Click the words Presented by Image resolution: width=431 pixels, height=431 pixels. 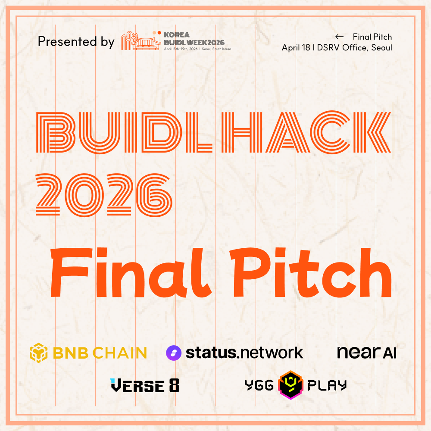point(76,42)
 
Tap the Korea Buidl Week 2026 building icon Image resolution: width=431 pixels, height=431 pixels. point(137,41)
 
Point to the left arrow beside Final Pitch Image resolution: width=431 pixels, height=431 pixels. point(339,37)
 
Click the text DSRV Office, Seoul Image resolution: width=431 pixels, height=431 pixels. point(355,47)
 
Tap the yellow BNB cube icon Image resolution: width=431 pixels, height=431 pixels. point(38,353)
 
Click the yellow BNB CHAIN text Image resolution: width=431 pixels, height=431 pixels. point(100,353)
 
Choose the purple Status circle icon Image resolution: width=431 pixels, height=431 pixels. point(174,353)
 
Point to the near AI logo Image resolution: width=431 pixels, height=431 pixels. point(366,353)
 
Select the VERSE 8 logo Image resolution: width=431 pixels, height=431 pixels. point(144,385)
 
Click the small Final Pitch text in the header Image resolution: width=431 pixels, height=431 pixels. point(372,37)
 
